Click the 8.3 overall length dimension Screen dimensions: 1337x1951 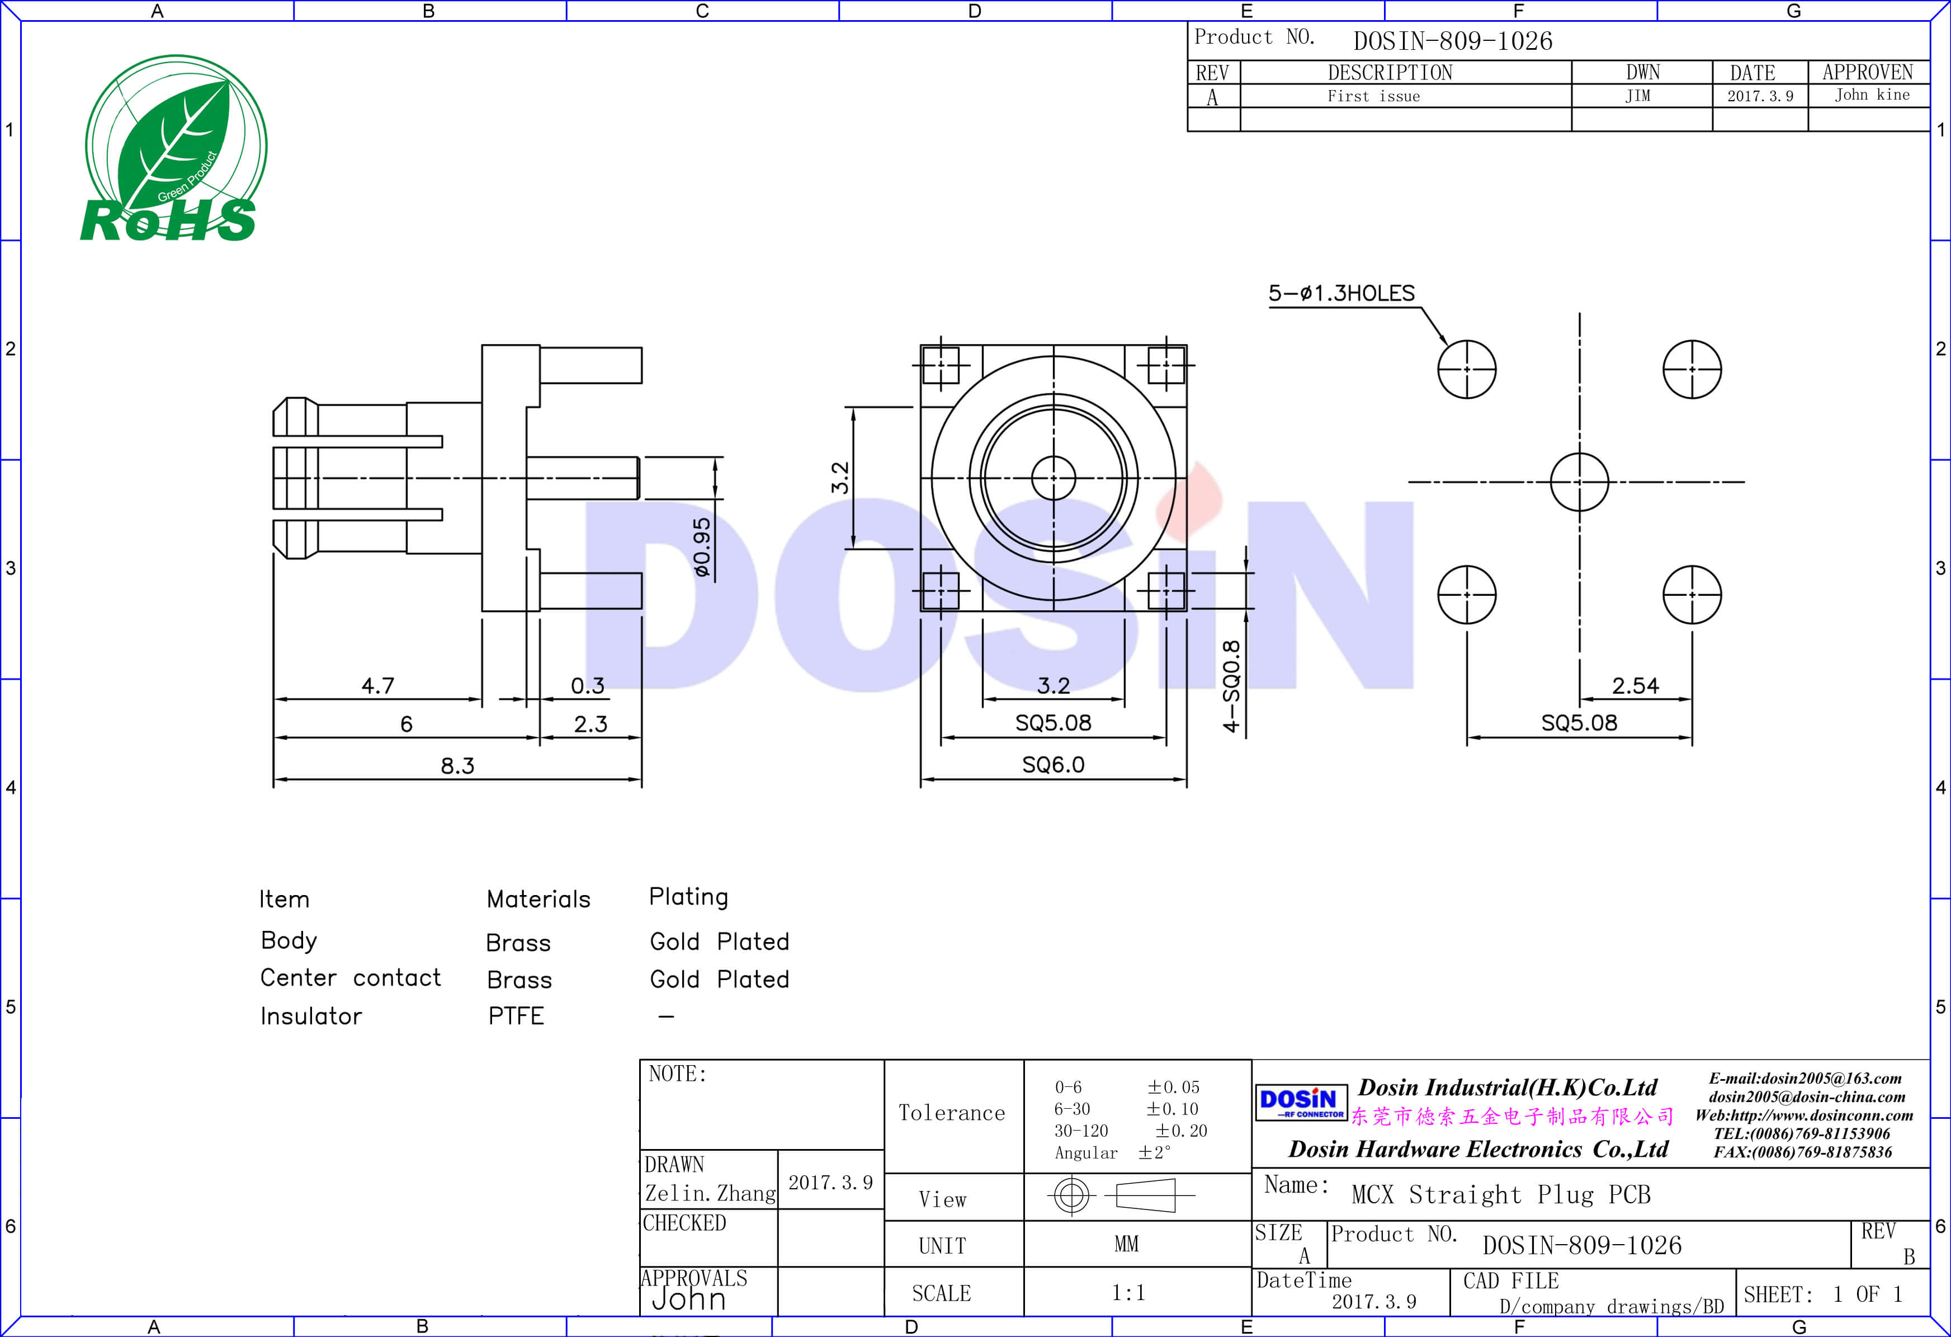tap(457, 765)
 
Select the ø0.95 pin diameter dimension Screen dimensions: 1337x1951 tap(702, 547)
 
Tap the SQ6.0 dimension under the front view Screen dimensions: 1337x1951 tap(1053, 764)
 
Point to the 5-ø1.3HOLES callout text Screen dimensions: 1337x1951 tap(1341, 293)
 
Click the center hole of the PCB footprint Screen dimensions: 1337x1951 tap(1579, 482)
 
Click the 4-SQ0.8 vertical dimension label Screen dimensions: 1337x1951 tap(1231, 685)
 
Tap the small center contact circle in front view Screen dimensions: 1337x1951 tap(1054, 478)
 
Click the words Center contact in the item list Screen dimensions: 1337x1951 tap(350, 977)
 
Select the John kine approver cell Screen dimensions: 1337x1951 tap(1871, 95)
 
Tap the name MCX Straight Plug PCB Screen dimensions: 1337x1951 tap(1500, 1194)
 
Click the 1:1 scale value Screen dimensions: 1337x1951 tap(1127, 1292)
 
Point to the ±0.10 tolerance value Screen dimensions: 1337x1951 tap(1172, 1109)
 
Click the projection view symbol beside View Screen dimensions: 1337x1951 tap(1122, 1194)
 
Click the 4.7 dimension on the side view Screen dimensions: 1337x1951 tap(378, 685)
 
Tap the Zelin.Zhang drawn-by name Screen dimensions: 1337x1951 tap(710, 1193)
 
